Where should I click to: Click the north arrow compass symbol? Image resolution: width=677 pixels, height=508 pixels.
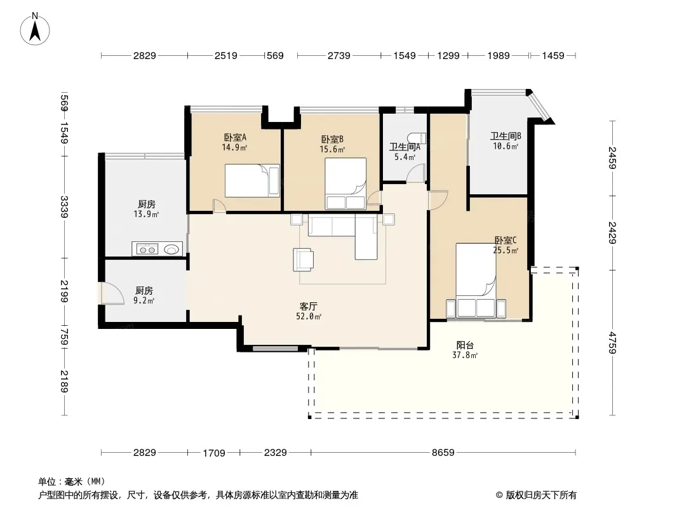click(35, 29)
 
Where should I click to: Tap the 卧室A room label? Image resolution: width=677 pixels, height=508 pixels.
click(235, 138)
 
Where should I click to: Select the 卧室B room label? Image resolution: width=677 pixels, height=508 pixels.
click(332, 140)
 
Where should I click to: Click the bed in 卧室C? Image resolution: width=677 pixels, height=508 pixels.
click(476, 280)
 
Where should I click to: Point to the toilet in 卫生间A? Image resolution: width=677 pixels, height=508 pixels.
click(417, 138)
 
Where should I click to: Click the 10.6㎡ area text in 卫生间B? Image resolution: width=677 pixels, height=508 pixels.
click(506, 146)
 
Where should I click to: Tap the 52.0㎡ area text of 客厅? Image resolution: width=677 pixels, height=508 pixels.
click(308, 316)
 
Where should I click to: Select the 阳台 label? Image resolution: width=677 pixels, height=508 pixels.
click(465, 345)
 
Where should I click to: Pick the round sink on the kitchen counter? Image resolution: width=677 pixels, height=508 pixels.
click(171, 249)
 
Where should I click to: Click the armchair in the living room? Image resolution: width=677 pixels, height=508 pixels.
click(303, 260)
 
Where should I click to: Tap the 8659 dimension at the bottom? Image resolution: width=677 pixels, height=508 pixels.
click(443, 452)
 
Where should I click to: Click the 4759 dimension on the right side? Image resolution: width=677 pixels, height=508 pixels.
click(612, 343)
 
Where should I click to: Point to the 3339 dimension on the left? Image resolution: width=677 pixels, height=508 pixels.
click(64, 207)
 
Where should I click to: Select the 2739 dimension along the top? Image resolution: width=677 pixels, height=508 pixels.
click(339, 56)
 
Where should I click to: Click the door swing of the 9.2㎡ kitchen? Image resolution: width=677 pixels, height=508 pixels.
click(107, 293)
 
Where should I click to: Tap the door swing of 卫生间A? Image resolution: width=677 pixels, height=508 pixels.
click(416, 173)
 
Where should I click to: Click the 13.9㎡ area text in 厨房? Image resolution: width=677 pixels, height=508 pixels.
click(146, 215)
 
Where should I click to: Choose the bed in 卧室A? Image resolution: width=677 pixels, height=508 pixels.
click(252, 180)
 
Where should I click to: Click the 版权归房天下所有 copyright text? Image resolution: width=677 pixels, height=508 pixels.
click(541, 495)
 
